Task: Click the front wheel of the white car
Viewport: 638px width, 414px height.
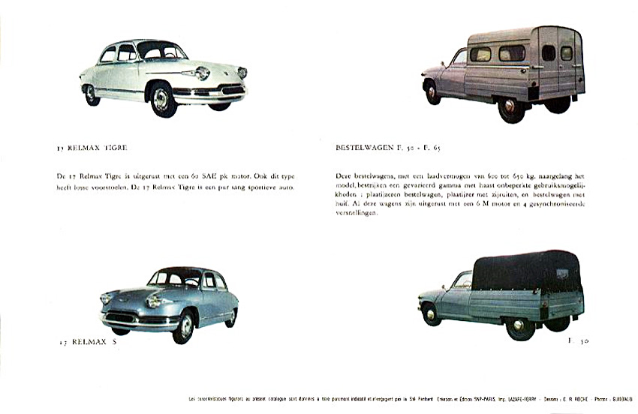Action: [x=162, y=99]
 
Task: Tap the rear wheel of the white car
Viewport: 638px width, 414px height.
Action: [x=92, y=94]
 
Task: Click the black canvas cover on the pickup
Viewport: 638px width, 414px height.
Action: [x=526, y=271]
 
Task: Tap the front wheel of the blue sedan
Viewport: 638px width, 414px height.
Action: [x=183, y=327]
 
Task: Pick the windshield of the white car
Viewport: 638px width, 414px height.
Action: [x=161, y=51]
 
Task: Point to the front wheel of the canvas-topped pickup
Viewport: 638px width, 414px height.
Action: [x=431, y=313]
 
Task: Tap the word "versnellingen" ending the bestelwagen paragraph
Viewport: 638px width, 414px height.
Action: [x=358, y=213]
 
